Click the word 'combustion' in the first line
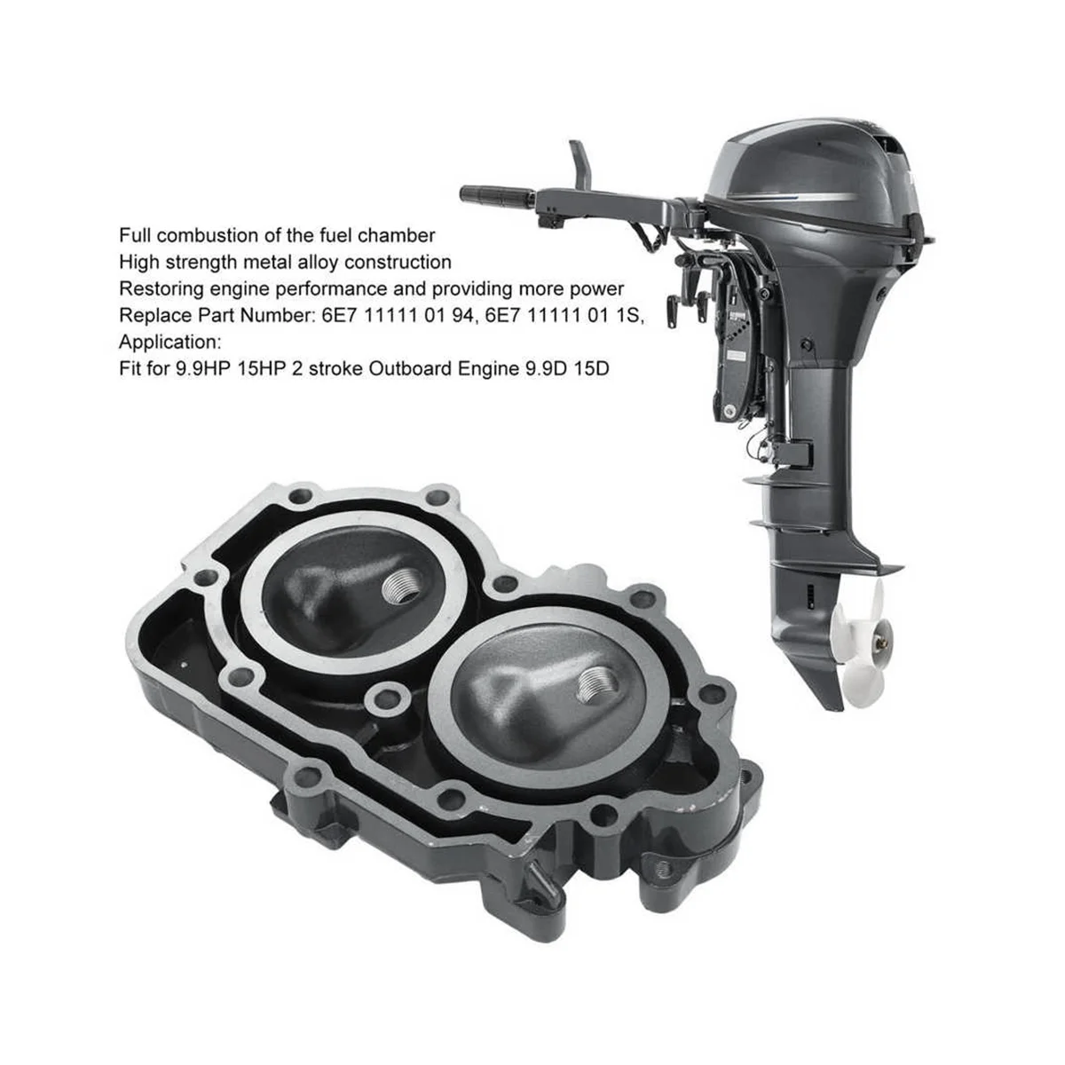(x=216, y=235)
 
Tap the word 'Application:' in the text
(x=170, y=343)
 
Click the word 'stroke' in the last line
(x=335, y=368)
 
